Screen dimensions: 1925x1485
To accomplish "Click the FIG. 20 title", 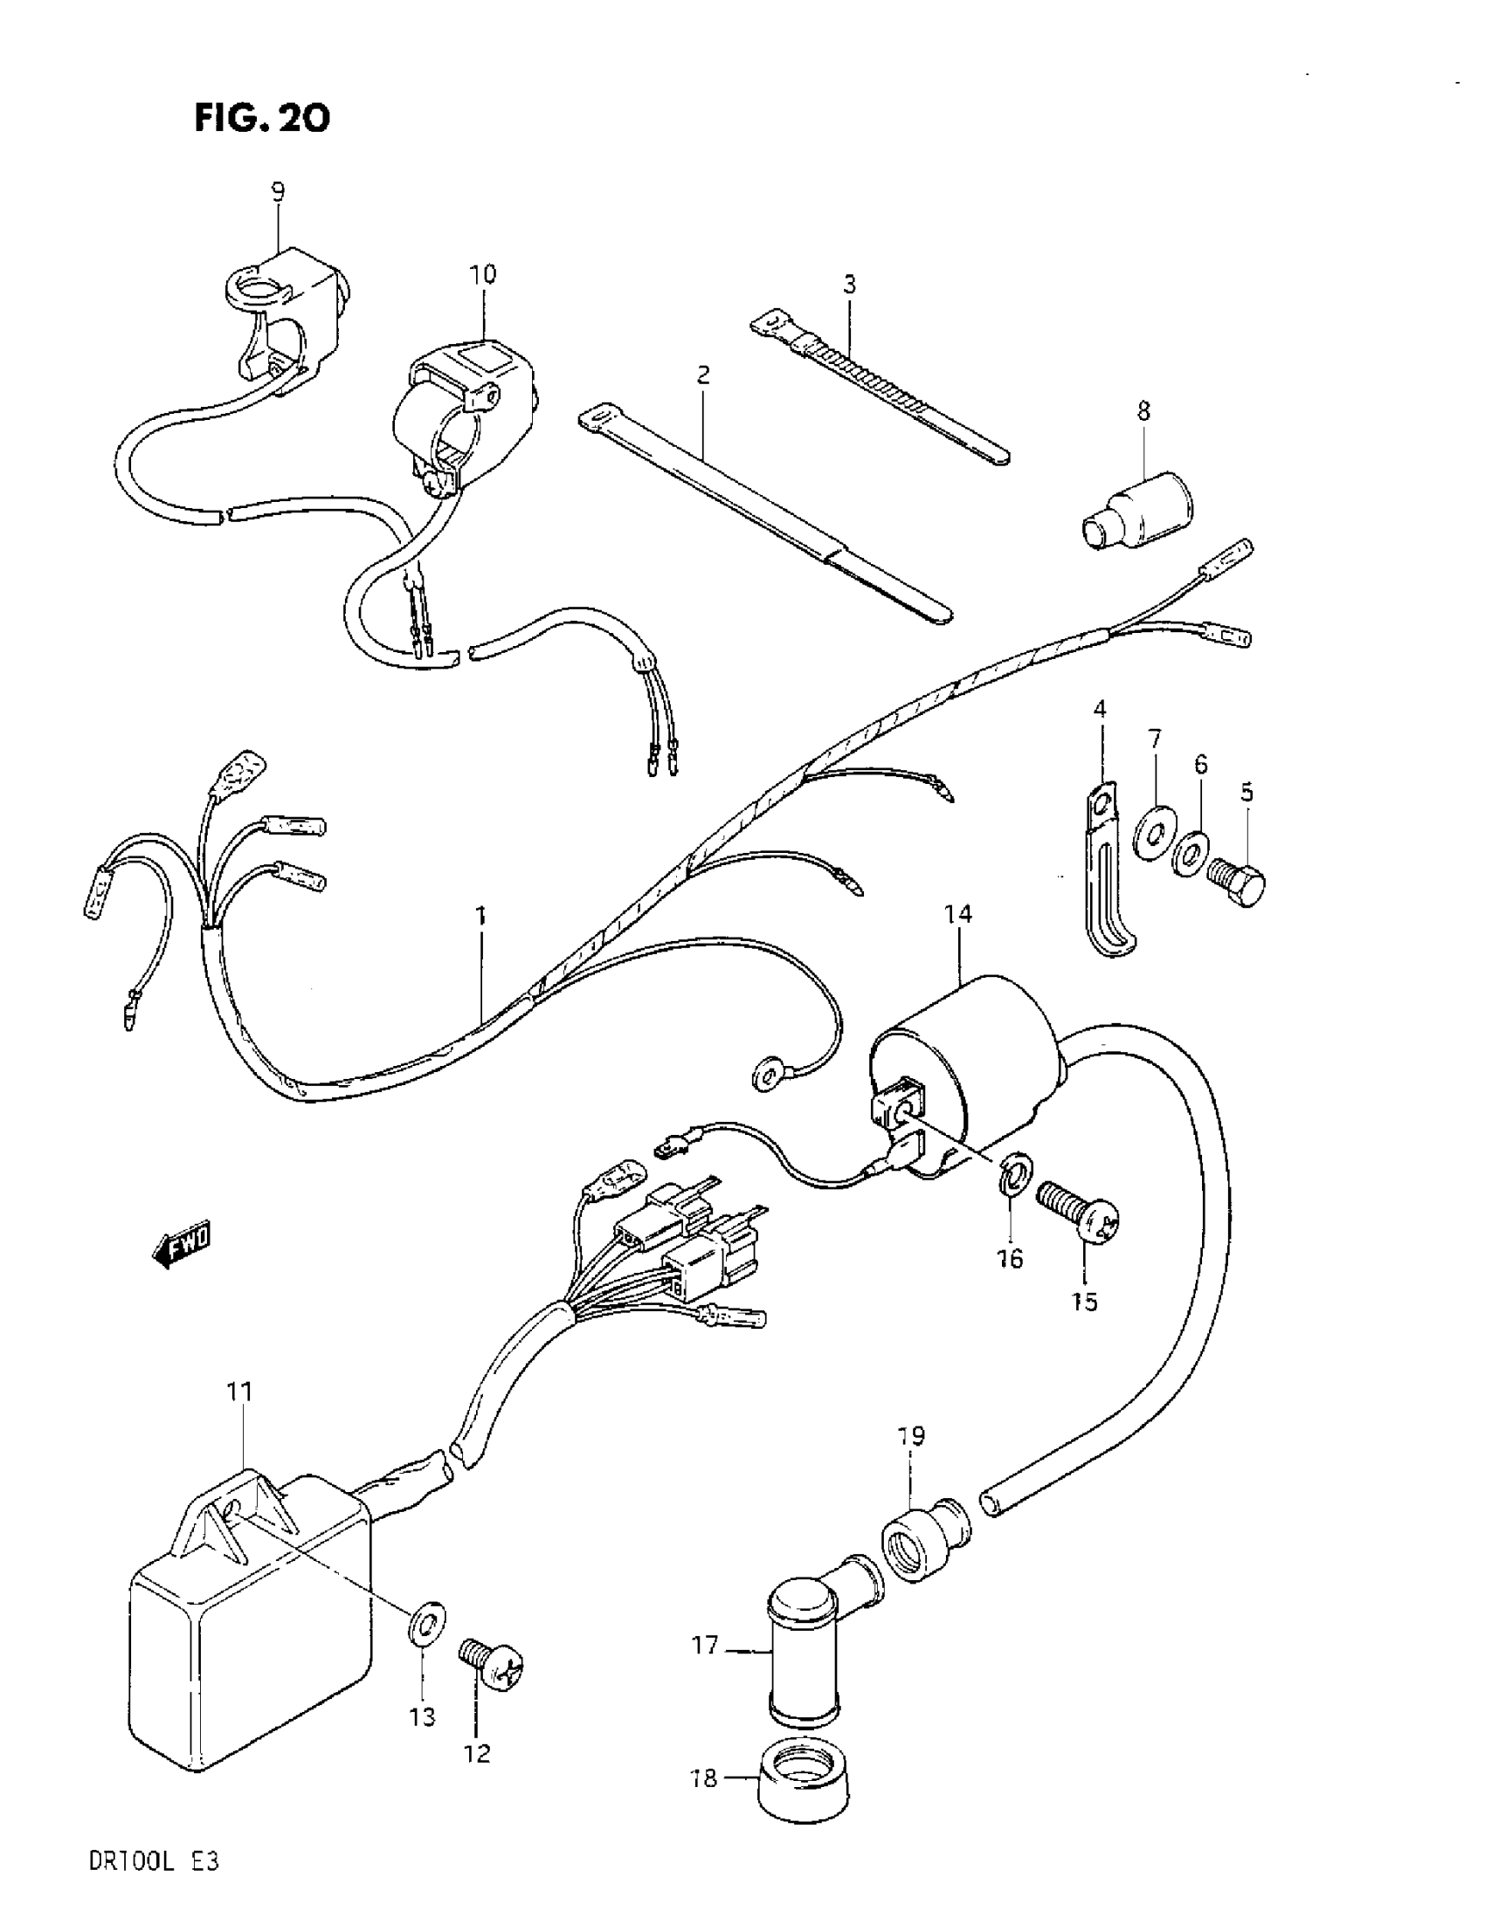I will [262, 117].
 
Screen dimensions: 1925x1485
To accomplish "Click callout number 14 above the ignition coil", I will [957, 914].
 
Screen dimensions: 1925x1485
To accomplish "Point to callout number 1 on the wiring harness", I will [481, 917].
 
